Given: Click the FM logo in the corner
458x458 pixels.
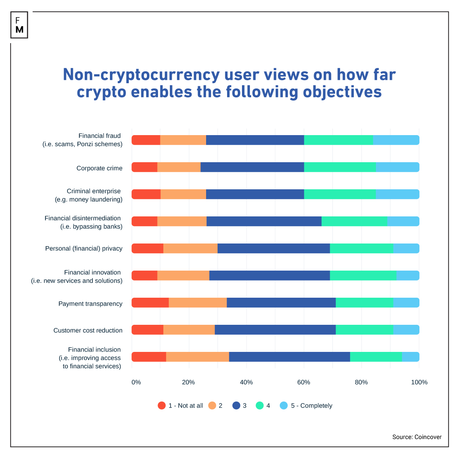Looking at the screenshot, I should pos(19,25).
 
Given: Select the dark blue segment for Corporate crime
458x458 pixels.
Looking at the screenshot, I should pos(252,167).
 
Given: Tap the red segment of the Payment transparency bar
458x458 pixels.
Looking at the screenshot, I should pos(150,303).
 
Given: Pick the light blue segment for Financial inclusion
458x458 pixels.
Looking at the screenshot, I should pos(411,357).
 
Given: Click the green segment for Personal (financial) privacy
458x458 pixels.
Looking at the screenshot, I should pos(361,248).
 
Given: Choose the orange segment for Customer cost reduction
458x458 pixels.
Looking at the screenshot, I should pos(189,330).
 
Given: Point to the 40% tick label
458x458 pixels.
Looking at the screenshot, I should pos(246,382).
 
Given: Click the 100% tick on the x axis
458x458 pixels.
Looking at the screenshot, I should pos(419,382).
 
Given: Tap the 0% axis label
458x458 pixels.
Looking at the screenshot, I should pos(136,382).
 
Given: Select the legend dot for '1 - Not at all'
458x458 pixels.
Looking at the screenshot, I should pos(162,406).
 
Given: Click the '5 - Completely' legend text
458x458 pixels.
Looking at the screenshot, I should pos(311,406).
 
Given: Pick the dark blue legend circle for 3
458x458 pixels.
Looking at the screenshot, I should pos(236,406).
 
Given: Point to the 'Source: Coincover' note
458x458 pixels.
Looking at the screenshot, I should pos(417,437).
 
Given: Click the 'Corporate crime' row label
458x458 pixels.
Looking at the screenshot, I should pos(99,168).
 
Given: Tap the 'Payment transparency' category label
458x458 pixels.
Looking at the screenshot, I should pos(90,304).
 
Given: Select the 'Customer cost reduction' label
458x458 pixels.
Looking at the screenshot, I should pos(88,331).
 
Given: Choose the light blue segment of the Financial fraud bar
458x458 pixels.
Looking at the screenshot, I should pos(396,140).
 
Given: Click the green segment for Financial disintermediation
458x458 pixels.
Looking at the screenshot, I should pos(354,221).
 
